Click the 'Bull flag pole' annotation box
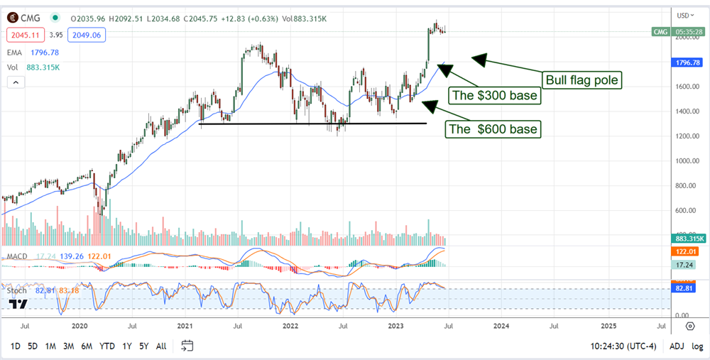(581, 80)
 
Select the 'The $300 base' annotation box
(495, 95)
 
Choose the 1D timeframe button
(14, 346)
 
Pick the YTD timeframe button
(106, 346)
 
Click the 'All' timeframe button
(161, 346)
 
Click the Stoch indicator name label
(16, 290)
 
